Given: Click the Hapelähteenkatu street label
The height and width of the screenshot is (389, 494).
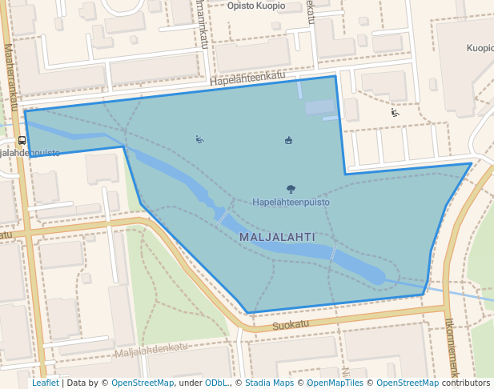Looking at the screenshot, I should point(247,78).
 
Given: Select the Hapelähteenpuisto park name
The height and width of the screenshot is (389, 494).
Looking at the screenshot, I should point(291,203).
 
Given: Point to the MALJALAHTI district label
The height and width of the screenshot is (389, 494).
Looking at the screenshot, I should point(277,238).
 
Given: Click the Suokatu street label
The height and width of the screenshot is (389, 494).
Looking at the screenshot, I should point(290,325).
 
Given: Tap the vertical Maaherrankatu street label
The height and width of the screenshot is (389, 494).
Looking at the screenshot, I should point(11,76).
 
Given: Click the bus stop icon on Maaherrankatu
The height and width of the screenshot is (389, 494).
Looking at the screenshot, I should point(22,138).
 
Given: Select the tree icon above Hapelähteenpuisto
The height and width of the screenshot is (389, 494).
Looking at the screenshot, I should point(291,190).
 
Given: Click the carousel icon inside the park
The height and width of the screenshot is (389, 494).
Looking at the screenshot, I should point(288,141).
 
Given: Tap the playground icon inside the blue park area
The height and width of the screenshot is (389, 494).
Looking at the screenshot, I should point(199,139).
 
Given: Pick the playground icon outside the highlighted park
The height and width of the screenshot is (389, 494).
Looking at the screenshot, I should point(395,113).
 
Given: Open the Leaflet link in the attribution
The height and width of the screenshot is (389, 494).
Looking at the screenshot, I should point(45,383).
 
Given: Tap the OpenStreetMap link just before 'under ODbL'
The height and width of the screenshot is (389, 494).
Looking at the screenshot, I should point(143,383).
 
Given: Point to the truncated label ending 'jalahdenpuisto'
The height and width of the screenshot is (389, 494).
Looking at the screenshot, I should point(30,153).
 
